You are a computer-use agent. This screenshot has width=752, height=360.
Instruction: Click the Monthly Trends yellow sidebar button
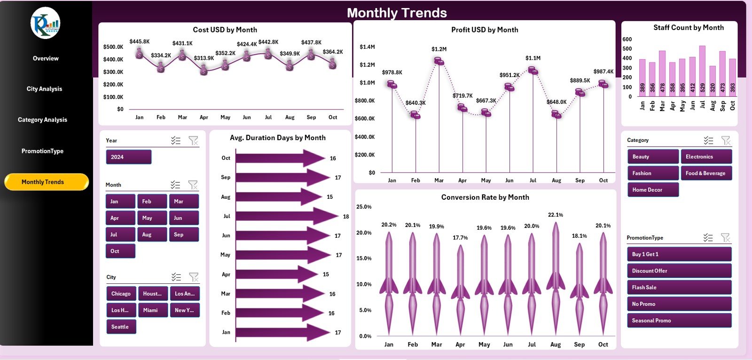pyautogui.click(x=46, y=182)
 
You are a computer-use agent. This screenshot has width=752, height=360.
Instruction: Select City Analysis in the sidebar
pyautogui.click(x=44, y=89)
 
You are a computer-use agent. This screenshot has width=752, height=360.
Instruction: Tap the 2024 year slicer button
pyautogui.click(x=128, y=157)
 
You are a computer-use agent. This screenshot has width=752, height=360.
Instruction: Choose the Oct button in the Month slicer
pyautogui.click(x=120, y=251)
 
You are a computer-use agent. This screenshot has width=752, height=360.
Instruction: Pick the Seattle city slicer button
pyautogui.click(x=121, y=327)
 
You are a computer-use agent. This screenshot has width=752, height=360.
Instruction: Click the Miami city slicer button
pyautogui.click(x=153, y=310)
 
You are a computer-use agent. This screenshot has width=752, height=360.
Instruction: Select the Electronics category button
pyautogui.click(x=706, y=157)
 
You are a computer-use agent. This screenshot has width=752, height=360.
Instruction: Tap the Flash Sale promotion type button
pyautogui.click(x=679, y=287)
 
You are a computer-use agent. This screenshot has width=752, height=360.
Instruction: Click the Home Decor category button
pyautogui.click(x=652, y=190)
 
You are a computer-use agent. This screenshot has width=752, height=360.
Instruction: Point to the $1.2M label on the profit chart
pyautogui.click(x=439, y=49)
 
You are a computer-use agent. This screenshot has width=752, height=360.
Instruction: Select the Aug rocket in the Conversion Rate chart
pyautogui.click(x=556, y=277)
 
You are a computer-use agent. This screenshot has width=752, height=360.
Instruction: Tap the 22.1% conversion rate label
pyautogui.click(x=556, y=215)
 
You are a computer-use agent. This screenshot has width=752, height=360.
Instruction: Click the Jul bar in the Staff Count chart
pyautogui.click(x=702, y=70)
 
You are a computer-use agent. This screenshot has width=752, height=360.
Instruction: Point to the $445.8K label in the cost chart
pyautogui.click(x=140, y=41)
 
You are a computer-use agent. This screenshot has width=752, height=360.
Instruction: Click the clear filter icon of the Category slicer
pyautogui.click(x=726, y=140)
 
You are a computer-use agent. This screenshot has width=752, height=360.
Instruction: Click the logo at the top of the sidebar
pyautogui.click(x=46, y=23)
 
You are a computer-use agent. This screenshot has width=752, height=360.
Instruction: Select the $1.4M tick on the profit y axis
pyautogui.click(x=367, y=47)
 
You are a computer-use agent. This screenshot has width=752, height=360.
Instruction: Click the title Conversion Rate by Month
pyautogui.click(x=485, y=197)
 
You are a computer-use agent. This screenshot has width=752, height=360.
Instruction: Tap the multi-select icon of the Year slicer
pyautogui.click(x=176, y=140)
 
